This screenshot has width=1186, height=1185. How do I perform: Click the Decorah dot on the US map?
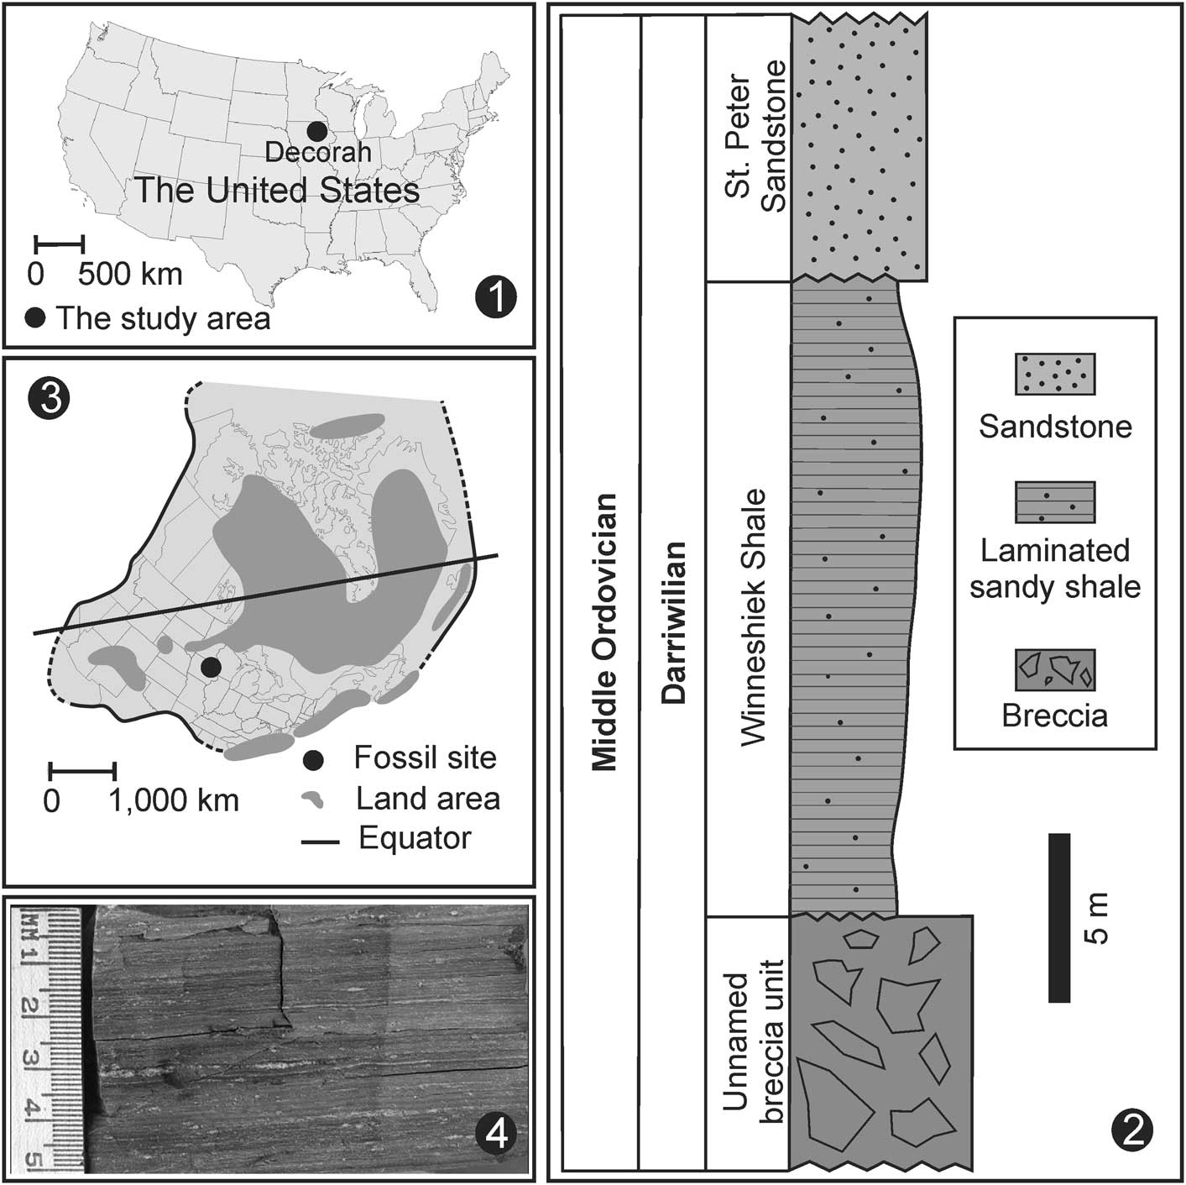pyautogui.click(x=316, y=131)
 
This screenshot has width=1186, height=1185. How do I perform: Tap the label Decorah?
pyautogui.click(x=317, y=153)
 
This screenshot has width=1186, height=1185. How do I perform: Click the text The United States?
pyautogui.click(x=277, y=191)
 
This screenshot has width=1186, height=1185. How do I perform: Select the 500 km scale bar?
pyautogui.click(x=59, y=244)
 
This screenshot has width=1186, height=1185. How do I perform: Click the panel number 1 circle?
pyautogui.click(x=494, y=297)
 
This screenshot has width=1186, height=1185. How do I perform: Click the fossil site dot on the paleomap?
pyautogui.click(x=211, y=667)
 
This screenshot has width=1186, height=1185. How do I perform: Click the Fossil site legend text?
pyautogui.click(x=425, y=758)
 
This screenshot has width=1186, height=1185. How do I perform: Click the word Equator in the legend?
pyautogui.click(x=415, y=838)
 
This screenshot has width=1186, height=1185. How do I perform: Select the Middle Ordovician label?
pyautogui.click(x=603, y=632)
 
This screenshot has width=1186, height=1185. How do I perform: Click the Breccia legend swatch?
pyautogui.click(x=1054, y=669)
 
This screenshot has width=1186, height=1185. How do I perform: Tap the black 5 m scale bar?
pyautogui.click(x=1059, y=917)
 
